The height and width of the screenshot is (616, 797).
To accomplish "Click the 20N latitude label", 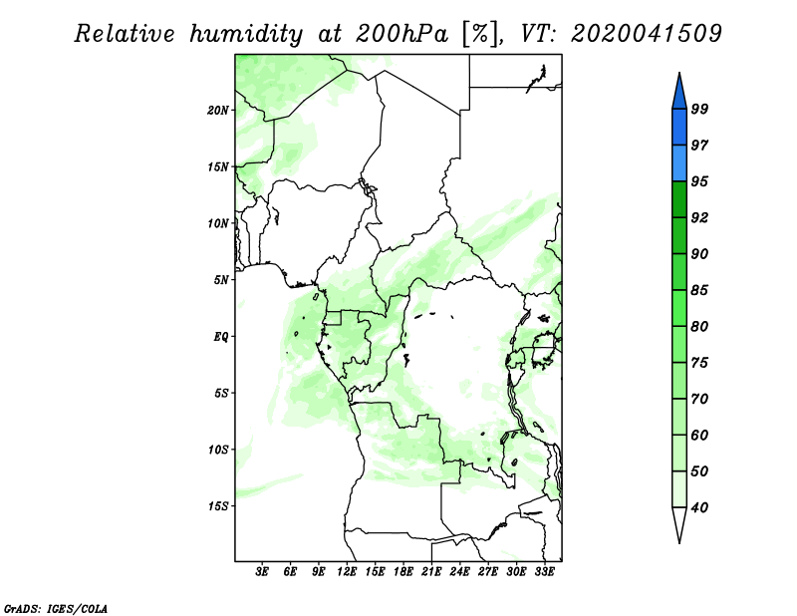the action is pos(217,111).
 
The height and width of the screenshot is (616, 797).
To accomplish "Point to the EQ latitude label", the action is pos(220,337).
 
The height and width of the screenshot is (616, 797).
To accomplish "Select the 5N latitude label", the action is pos(221,280).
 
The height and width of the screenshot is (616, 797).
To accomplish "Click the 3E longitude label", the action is pos(262,572).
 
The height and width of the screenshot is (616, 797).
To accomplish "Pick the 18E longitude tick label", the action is pos(403,572).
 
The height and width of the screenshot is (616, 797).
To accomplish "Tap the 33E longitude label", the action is pos(544,572).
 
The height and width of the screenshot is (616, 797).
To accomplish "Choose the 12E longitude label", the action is pos(347,572).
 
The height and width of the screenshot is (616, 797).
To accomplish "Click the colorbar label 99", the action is pos(699,109).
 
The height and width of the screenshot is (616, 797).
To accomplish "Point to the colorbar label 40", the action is pos(699,507).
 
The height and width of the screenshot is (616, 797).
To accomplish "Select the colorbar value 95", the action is pos(699,181).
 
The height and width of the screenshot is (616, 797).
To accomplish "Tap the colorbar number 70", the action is pos(699,399).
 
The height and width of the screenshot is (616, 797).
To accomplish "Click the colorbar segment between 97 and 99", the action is pos(679,128).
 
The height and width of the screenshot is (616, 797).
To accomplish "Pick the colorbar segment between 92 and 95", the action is pos(679,199).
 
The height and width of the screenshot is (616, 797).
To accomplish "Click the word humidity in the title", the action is pos(246,35).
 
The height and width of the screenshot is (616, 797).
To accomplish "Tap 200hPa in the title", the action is pos(401,34).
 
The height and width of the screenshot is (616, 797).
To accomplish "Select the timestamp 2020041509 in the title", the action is pos(646,34).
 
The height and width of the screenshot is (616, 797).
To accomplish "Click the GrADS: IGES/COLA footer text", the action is pos(56,608).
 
